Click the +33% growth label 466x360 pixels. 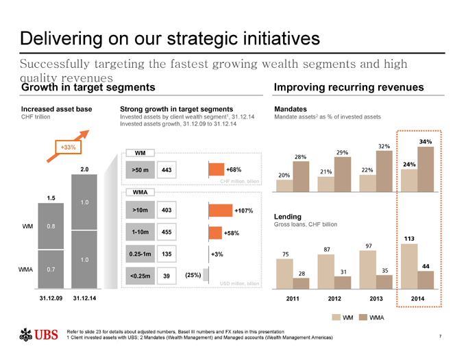point(67,147)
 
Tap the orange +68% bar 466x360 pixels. point(216,169)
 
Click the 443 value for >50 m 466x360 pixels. point(167,169)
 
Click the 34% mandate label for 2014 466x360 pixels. point(424,141)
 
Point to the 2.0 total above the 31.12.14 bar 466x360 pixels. point(83,168)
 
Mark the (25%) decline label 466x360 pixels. point(193,275)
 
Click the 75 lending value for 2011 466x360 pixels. point(286,254)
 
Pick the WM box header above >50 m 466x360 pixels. point(140,152)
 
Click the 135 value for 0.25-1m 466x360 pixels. point(167,254)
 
